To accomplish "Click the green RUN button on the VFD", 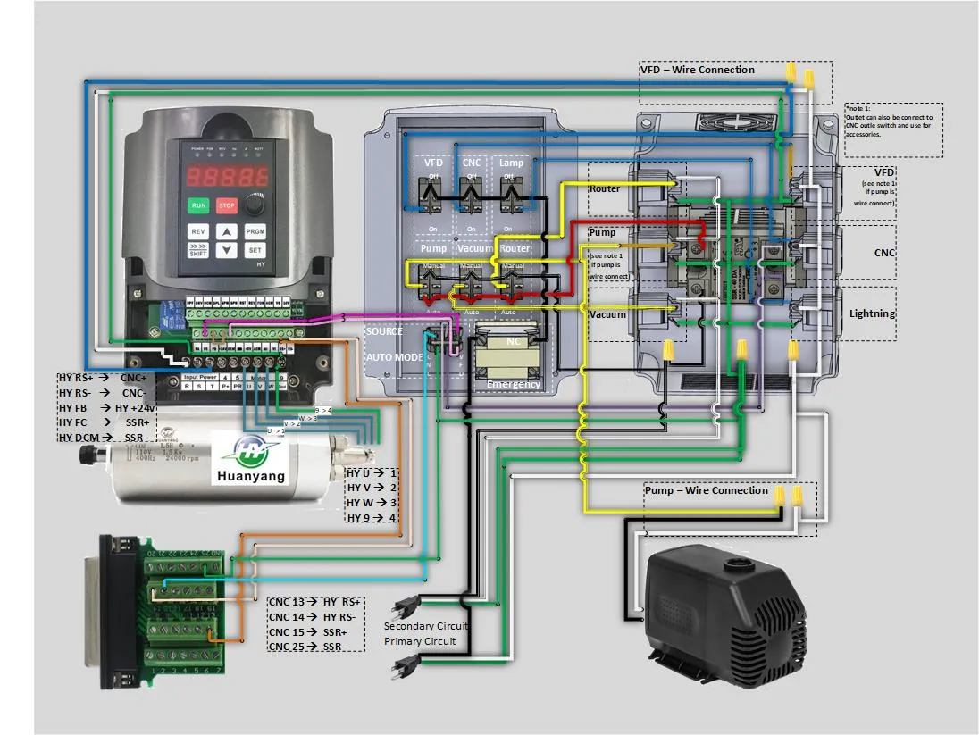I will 197,205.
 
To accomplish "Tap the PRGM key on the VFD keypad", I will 255,230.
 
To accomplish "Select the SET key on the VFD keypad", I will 255,251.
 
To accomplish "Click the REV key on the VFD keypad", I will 197,230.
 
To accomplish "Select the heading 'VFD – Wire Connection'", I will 698,70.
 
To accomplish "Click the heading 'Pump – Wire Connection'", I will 707,490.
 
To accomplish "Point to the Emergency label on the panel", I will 514,384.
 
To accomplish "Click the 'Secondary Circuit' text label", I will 425,626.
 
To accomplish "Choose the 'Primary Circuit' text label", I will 420,641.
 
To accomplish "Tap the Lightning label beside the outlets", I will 872,313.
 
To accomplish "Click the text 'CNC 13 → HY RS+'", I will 314,602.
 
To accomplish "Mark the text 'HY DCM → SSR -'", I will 104,437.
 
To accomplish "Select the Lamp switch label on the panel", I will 512,163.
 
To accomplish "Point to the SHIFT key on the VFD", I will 198,251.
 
